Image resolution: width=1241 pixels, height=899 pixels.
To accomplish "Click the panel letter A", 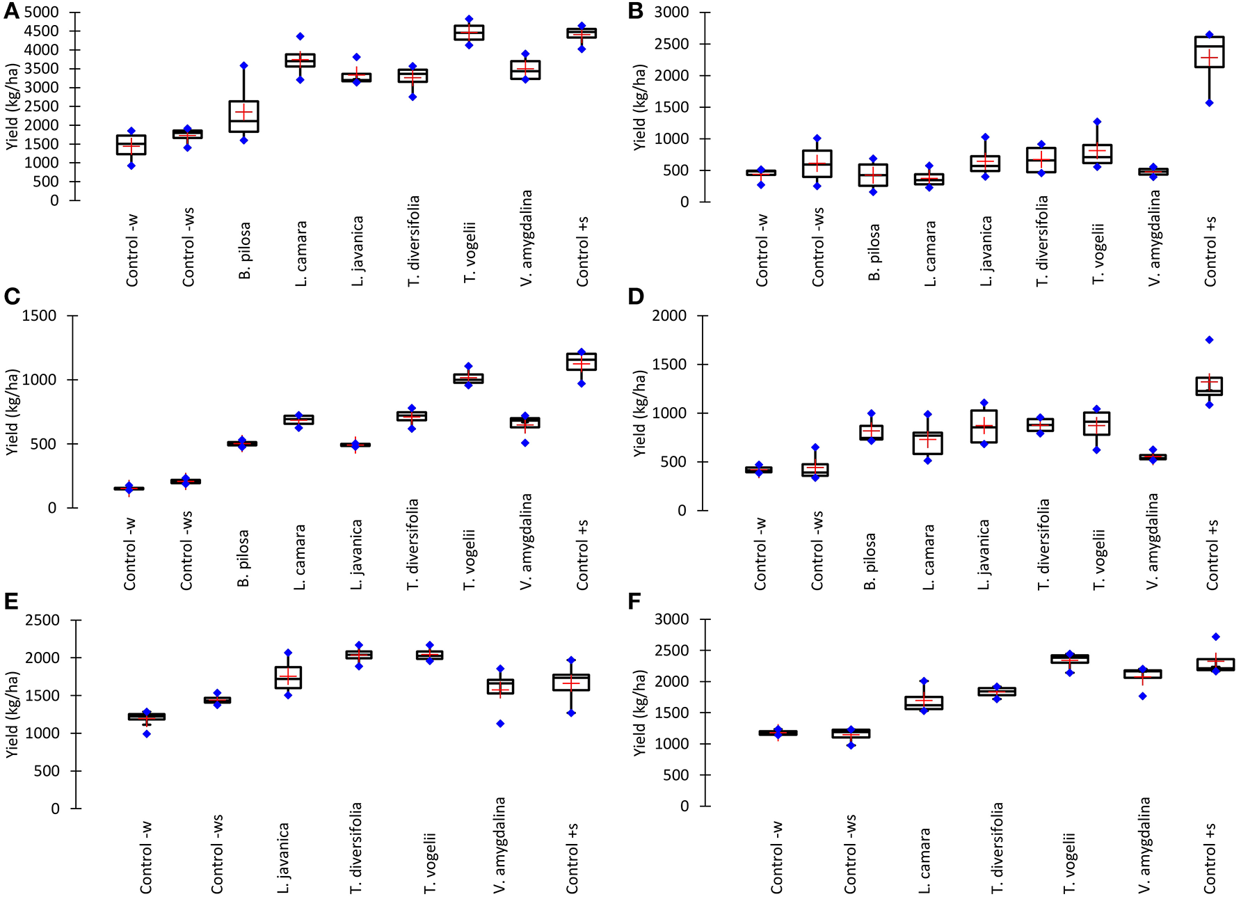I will tap(11, 12).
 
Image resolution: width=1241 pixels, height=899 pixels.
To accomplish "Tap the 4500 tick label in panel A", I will tap(41, 31).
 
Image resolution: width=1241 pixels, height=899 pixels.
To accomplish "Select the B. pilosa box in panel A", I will tap(244, 116).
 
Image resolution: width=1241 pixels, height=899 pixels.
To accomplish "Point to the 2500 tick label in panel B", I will tap(671, 44).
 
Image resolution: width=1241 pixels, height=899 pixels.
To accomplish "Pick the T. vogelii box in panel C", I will tap(468, 379).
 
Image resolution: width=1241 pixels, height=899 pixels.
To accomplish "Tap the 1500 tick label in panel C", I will tap(39, 316).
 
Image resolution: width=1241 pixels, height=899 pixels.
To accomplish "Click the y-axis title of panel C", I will tap(12, 412).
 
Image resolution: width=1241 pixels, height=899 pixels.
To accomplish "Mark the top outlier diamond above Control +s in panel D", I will tap(1209, 340).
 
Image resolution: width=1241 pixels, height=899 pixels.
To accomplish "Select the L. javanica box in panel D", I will tap(984, 426).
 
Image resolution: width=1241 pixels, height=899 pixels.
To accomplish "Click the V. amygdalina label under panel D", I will tap(1153, 541).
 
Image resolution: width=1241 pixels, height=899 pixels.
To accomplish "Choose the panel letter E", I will tap(11, 602).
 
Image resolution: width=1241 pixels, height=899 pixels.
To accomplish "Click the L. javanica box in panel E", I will tap(288, 677).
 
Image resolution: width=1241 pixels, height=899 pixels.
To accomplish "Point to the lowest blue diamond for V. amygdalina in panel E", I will tap(500, 724).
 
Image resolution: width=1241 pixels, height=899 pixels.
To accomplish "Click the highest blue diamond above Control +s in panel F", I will tap(1215, 637).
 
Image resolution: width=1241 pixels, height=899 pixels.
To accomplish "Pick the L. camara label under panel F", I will tap(924, 860).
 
